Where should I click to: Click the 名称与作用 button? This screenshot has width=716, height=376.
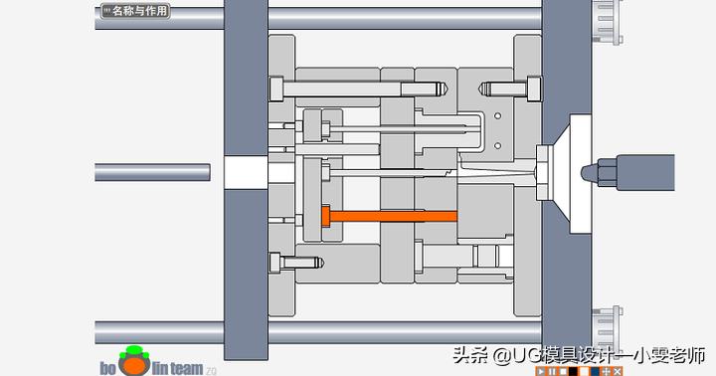pyautogui.click(x=136, y=12)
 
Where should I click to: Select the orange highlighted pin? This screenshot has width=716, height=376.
pyautogui.click(x=388, y=215)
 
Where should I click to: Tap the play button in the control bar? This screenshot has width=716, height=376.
pyautogui.click(x=540, y=371)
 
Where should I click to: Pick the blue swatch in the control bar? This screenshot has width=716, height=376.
pyautogui.click(x=595, y=371)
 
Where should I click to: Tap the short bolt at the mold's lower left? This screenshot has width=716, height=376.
pyautogui.click(x=297, y=262)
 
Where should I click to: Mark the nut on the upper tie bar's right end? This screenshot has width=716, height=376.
pyautogui.click(x=605, y=17)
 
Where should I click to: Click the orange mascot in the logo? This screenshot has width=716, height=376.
pyautogui.click(x=133, y=362)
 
